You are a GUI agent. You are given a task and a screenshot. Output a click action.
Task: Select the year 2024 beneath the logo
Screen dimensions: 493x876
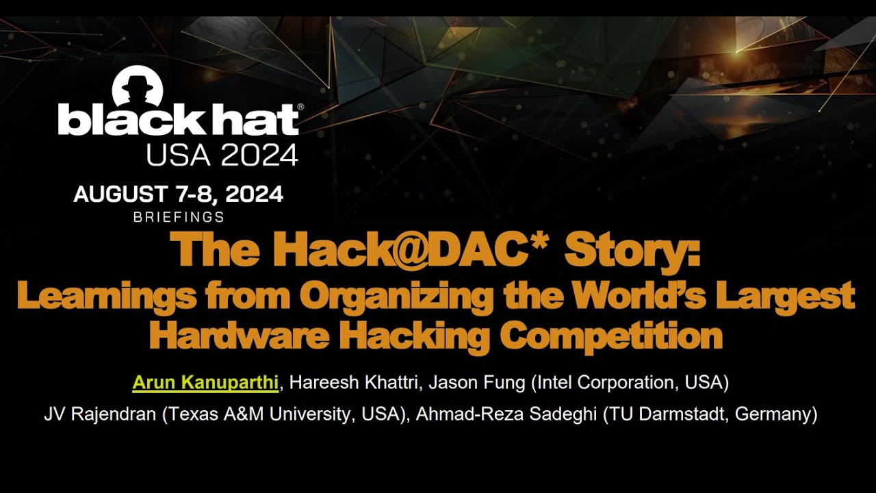[x=260, y=155]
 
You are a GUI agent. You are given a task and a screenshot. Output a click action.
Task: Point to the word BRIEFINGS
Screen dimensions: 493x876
[x=179, y=217]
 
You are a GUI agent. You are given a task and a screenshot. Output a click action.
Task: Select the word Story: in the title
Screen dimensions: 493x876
[x=632, y=251]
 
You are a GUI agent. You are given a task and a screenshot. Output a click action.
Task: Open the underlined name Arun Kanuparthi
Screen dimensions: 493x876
[x=205, y=382]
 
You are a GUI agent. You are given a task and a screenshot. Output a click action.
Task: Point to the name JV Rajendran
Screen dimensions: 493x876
[x=100, y=415]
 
